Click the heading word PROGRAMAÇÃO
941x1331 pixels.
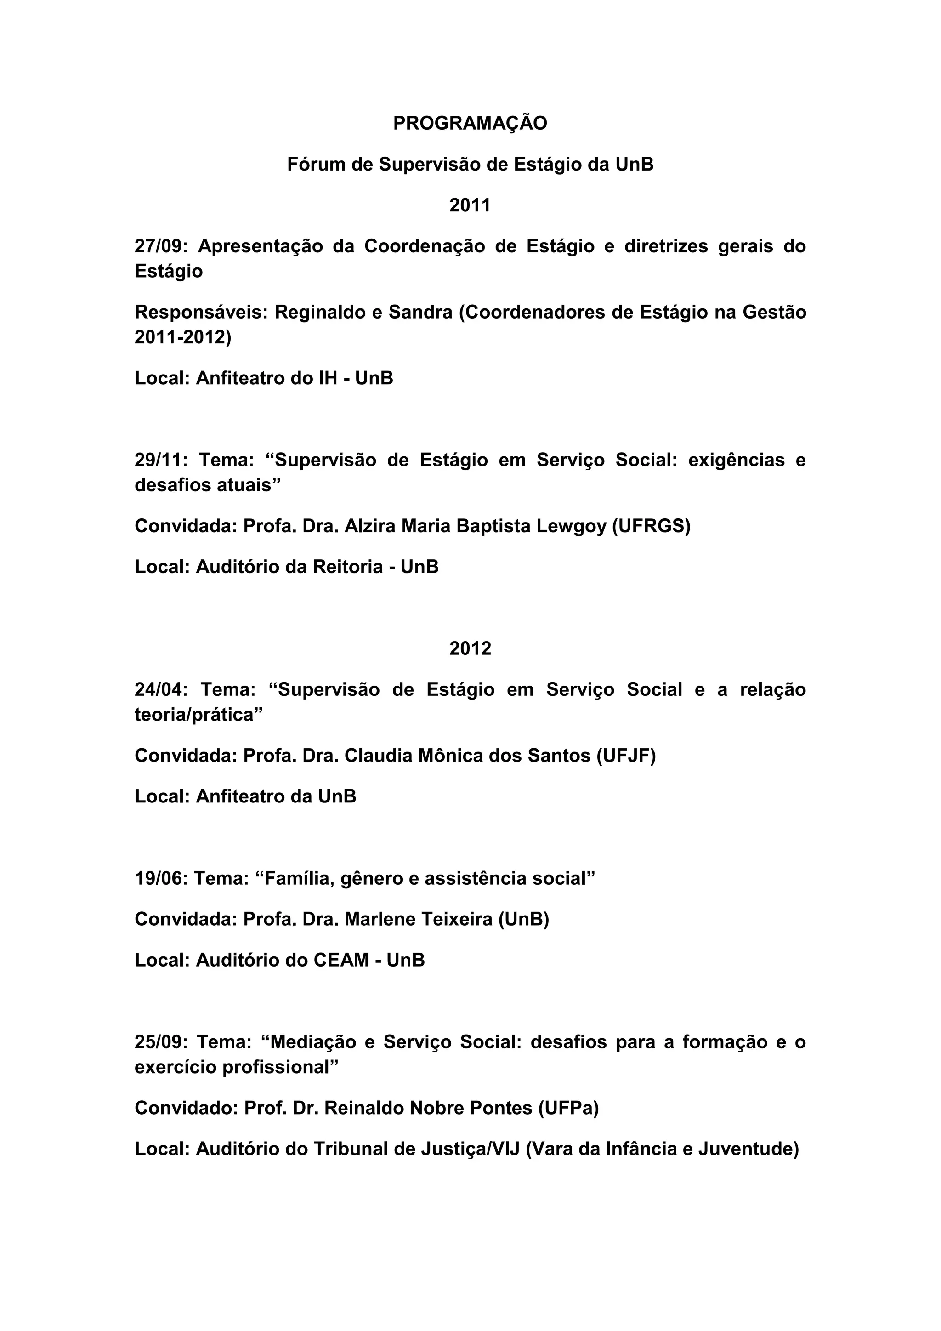(x=470, y=124)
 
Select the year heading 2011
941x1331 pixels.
(x=470, y=205)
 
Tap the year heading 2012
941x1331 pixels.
(x=470, y=648)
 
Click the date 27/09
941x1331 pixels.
(x=158, y=246)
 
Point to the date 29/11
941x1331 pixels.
(x=158, y=460)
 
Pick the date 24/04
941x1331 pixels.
(x=158, y=689)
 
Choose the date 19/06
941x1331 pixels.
(x=158, y=878)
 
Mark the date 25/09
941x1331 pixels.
(x=158, y=1042)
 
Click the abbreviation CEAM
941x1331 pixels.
(x=341, y=960)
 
